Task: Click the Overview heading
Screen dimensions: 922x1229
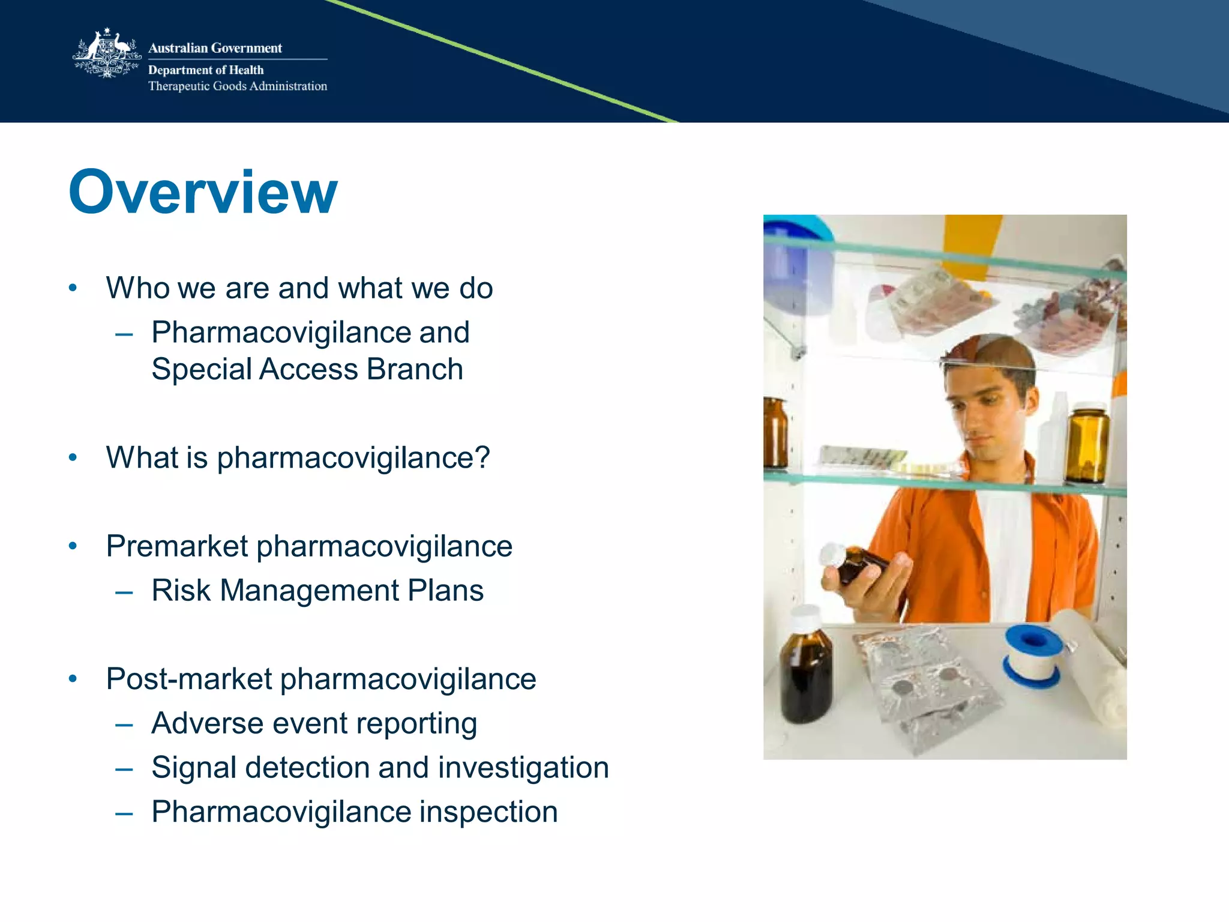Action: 203,192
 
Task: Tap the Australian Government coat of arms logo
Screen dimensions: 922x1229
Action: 106,54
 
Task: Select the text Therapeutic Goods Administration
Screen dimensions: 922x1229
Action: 238,86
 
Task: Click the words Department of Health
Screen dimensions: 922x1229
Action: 206,70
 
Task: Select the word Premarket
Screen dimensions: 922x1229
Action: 177,546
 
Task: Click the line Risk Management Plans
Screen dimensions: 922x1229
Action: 317,591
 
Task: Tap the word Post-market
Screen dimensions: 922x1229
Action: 189,679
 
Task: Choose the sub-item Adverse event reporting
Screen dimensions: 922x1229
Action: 314,723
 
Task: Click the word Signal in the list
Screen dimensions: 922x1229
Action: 193,768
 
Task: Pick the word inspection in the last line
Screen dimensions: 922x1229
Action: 488,812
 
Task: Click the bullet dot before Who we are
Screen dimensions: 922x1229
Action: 73,288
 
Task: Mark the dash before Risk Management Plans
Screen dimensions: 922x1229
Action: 124,592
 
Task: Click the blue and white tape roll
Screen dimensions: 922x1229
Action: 1032,655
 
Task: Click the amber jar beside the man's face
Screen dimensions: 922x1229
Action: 1087,444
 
